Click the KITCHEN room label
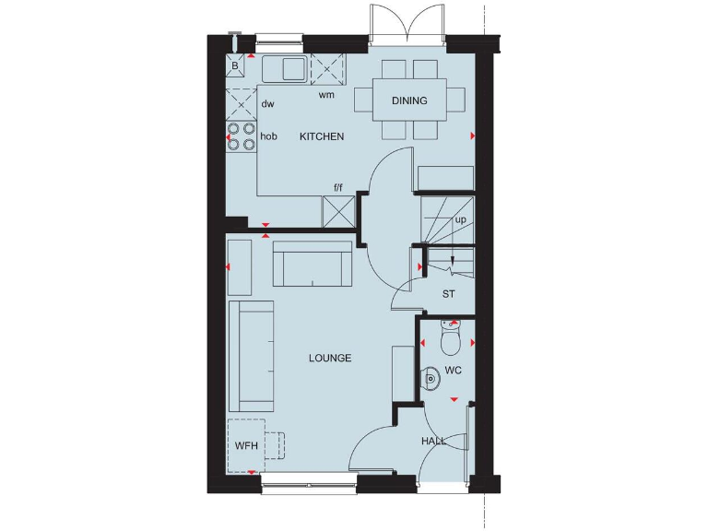322,136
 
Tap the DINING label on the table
409,100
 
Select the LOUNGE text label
330,358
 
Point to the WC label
453,370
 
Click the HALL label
434,442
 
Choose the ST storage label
448,294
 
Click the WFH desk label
246,446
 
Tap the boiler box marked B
236,66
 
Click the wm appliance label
326,95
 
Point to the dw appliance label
267,104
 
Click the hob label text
268,136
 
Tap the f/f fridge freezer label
337,188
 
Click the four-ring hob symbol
242,136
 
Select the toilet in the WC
450,340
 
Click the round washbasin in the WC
431,378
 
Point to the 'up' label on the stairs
460,219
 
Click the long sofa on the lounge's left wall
251,356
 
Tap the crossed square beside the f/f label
337,212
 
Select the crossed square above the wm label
326,69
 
